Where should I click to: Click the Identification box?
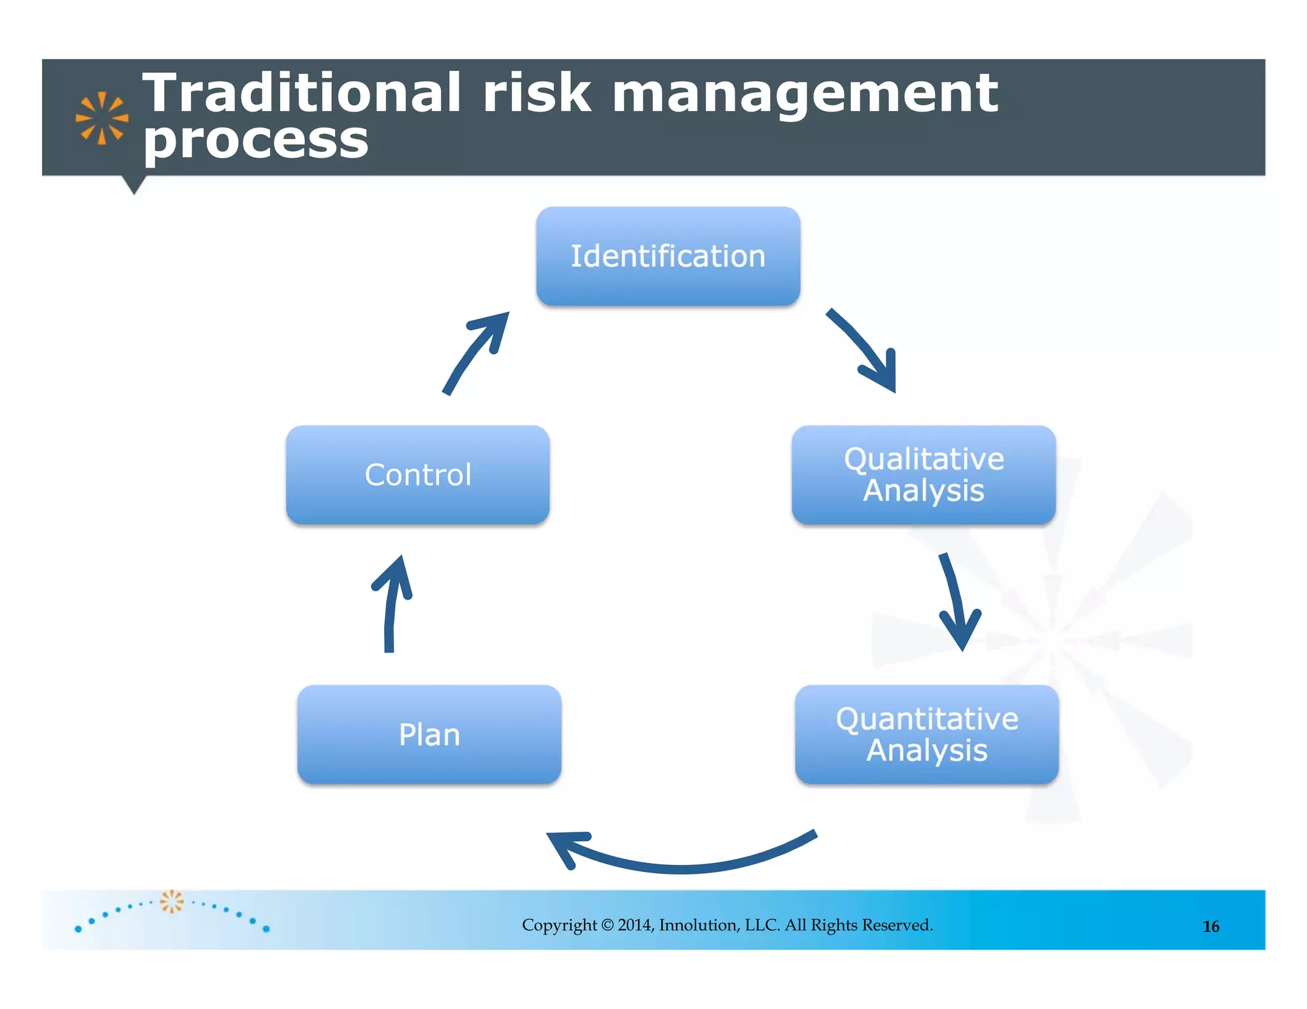[668, 256]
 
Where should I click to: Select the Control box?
[417, 475]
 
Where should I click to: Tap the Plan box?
[429, 734]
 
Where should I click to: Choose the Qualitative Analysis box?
[923, 475]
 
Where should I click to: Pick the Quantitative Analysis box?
[927, 734]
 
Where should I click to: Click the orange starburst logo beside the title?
[101, 118]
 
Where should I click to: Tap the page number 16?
[1211, 926]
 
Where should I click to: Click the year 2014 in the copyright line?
[634, 925]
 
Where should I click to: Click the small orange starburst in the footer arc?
[171, 901]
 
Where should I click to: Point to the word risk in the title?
[536, 93]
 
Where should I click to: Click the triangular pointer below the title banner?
[134, 184]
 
